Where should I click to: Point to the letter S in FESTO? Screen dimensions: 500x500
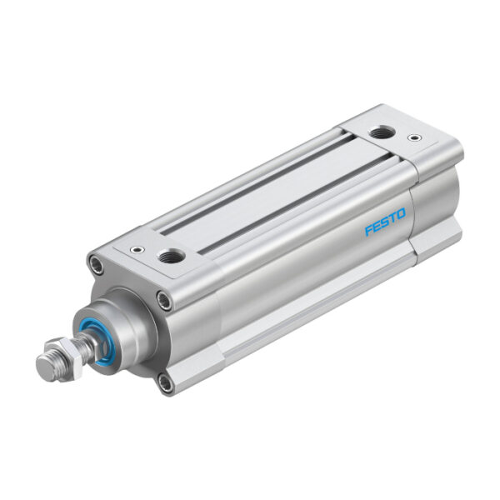pos(385,223)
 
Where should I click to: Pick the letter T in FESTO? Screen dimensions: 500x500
pos(392,219)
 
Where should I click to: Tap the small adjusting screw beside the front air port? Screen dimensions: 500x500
pos(135,247)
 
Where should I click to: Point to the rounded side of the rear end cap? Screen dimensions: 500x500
pos(437,200)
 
